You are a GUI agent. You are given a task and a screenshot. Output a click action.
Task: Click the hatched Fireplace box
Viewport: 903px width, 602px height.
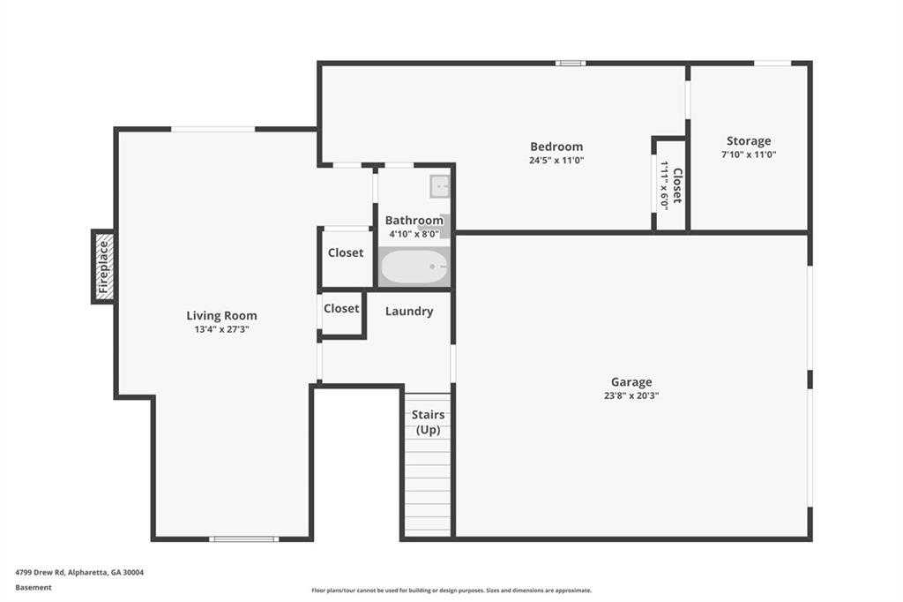pyautogui.click(x=104, y=267)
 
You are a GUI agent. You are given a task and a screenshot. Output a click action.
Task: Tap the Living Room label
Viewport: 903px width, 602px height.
pyautogui.click(x=221, y=315)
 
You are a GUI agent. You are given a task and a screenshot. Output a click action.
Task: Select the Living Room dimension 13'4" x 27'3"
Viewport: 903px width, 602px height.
pyautogui.click(x=221, y=330)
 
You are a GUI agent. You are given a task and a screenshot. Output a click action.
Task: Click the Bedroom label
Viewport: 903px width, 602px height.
pyautogui.click(x=556, y=147)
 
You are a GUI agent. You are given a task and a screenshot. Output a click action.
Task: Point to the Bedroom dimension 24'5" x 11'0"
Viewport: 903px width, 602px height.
pyautogui.click(x=556, y=161)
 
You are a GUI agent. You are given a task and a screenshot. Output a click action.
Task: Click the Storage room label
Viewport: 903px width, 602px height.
pyautogui.click(x=749, y=141)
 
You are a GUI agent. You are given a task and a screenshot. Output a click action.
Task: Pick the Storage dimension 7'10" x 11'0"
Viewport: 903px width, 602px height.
pyautogui.click(x=749, y=154)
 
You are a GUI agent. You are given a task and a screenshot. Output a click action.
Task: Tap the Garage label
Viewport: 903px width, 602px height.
pyautogui.click(x=631, y=382)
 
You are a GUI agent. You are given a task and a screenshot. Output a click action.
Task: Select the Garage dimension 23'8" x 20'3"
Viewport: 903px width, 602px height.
pyautogui.click(x=631, y=395)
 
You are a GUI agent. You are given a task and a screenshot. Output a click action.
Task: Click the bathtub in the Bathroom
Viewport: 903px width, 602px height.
pyautogui.click(x=414, y=267)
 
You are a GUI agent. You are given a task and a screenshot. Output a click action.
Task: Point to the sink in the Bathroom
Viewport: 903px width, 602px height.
pyautogui.click(x=440, y=186)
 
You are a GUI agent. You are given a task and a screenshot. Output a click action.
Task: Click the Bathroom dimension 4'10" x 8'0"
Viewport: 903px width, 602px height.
pyautogui.click(x=414, y=234)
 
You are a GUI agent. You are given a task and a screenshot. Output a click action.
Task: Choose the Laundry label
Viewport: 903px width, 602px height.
pyautogui.click(x=409, y=312)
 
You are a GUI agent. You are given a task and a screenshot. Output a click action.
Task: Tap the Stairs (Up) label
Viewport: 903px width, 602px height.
pyautogui.click(x=428, y=422)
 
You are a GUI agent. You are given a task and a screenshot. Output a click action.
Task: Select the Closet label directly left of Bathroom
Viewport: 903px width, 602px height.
pyautogui.click(x=346, y=252)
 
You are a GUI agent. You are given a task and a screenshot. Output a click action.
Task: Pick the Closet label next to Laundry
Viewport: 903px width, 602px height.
pyautogui.click(x=341, y=308)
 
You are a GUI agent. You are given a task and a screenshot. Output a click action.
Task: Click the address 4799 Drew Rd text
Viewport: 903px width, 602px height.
pyautogui.click(x=79, y=573)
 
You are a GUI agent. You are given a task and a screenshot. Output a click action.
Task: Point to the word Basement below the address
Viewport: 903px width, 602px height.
pyautogui.click(x=34, y=588)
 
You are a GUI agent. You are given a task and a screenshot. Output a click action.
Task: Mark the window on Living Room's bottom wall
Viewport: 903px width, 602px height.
pyautogui.click(x=244, y=539)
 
